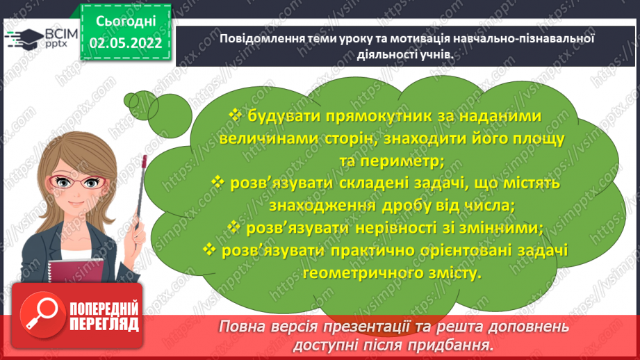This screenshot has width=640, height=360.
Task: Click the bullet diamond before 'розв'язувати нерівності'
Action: click(233, 227)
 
